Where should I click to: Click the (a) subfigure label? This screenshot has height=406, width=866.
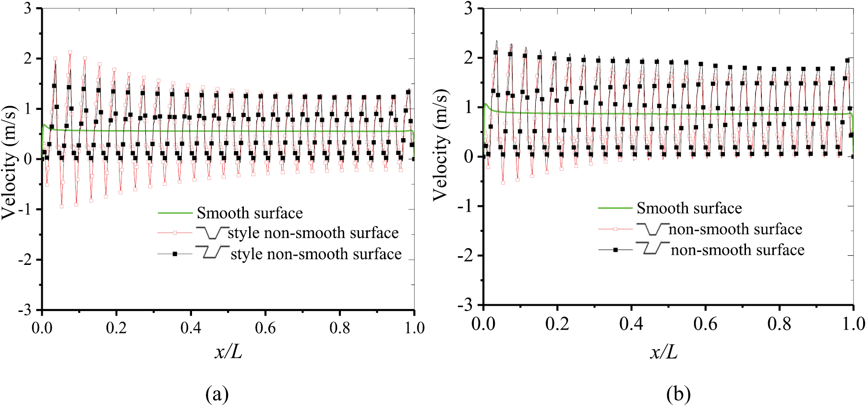(216, 394)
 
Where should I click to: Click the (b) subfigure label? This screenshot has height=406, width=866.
(678, 394)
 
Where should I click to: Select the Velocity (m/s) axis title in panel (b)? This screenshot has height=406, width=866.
(440, 145)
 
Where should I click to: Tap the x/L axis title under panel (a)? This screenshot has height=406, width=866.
(228, 353)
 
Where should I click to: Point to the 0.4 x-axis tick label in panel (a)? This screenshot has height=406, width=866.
(191, 328)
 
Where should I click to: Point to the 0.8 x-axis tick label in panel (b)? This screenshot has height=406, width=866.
(779, 324)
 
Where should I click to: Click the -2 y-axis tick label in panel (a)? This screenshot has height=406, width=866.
(26, 260)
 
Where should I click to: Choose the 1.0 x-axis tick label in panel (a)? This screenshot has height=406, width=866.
(414, 328)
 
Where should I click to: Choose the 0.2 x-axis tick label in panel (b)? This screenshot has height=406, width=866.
(557, 324)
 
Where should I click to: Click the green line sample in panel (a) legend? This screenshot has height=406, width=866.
(175, 213)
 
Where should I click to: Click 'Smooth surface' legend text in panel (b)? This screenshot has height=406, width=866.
(689, 208)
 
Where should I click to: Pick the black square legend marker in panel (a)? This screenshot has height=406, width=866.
(175, 253)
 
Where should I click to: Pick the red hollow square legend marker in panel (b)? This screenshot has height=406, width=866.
(615, 229)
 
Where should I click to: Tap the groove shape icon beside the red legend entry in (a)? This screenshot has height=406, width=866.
(212, 232)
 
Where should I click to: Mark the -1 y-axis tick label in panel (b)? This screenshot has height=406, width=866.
(464, 206)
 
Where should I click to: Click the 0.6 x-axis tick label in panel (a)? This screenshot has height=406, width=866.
(265, 328)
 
